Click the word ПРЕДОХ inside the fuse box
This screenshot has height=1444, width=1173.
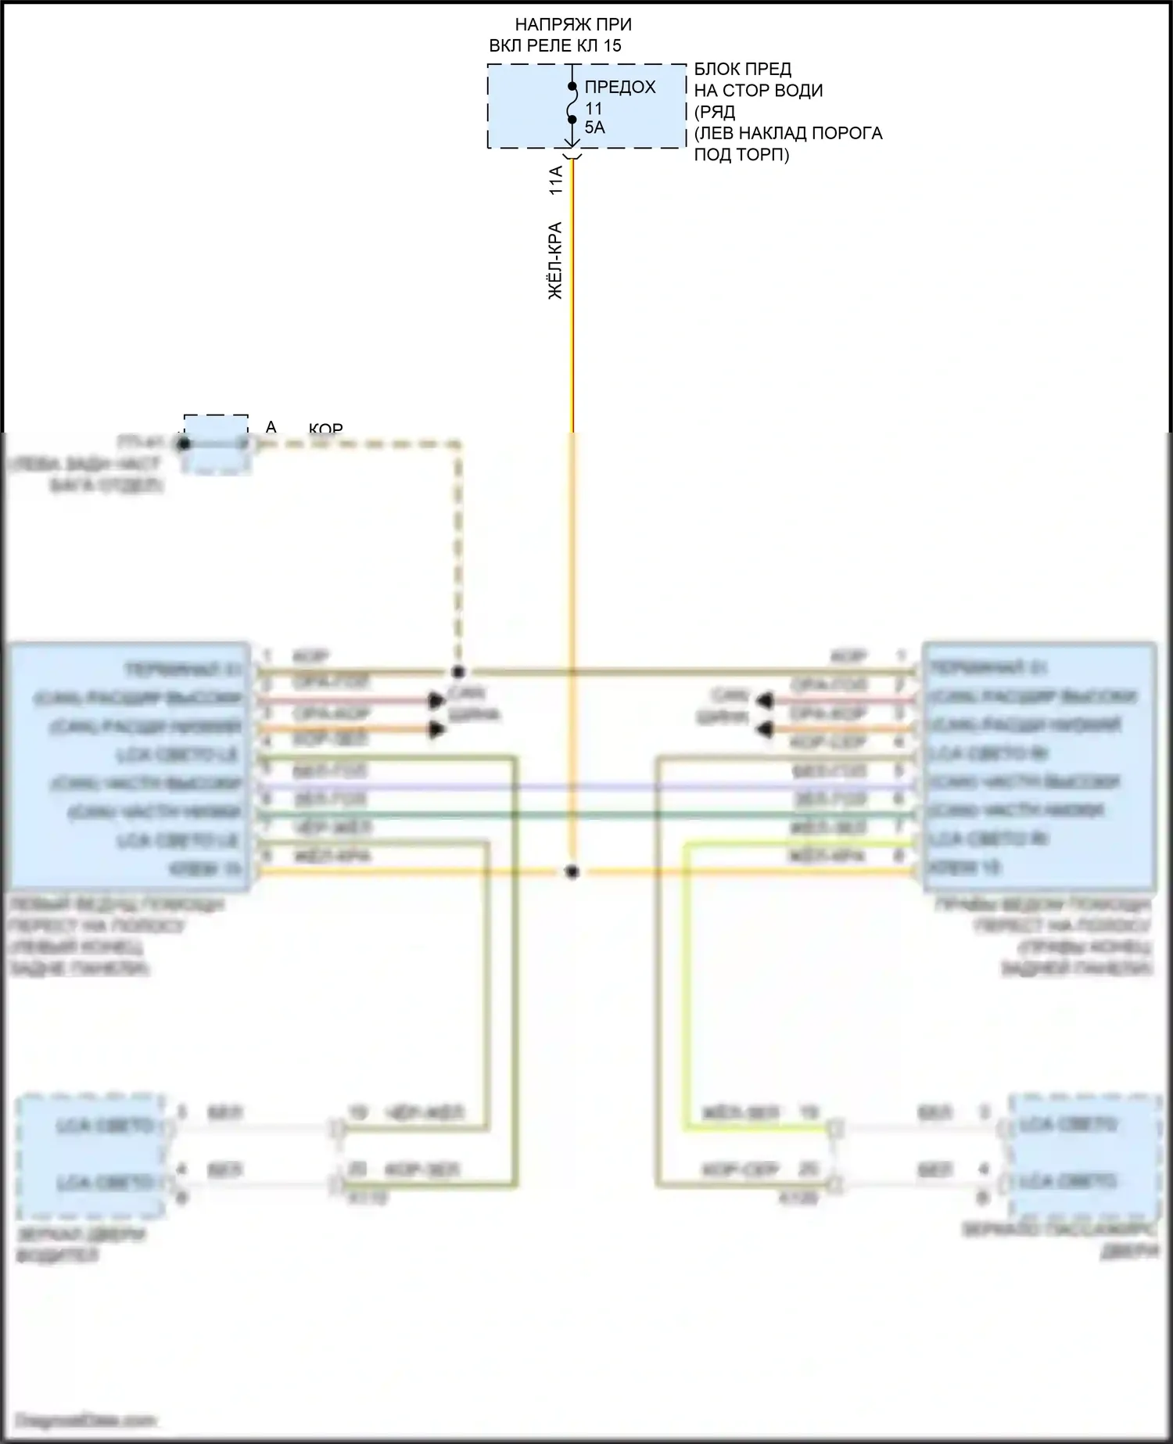620,87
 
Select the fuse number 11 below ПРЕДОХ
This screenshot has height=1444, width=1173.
594,109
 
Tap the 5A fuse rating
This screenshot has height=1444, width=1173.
594,128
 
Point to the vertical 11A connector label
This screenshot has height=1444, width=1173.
556,180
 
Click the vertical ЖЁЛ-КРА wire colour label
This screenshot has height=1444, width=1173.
555,260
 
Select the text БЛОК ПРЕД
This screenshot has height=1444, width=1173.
742,70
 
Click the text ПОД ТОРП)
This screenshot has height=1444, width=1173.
741,154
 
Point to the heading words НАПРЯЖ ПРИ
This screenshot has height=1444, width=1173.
573,25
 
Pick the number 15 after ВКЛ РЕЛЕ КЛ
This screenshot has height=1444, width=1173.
612,45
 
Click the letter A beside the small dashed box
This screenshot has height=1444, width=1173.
271,427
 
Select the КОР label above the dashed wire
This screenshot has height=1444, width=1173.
325,429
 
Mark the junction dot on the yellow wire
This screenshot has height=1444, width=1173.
572,871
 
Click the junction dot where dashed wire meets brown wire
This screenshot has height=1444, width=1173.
459,671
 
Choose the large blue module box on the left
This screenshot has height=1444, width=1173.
129,767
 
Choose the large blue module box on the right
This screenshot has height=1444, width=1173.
1039,767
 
